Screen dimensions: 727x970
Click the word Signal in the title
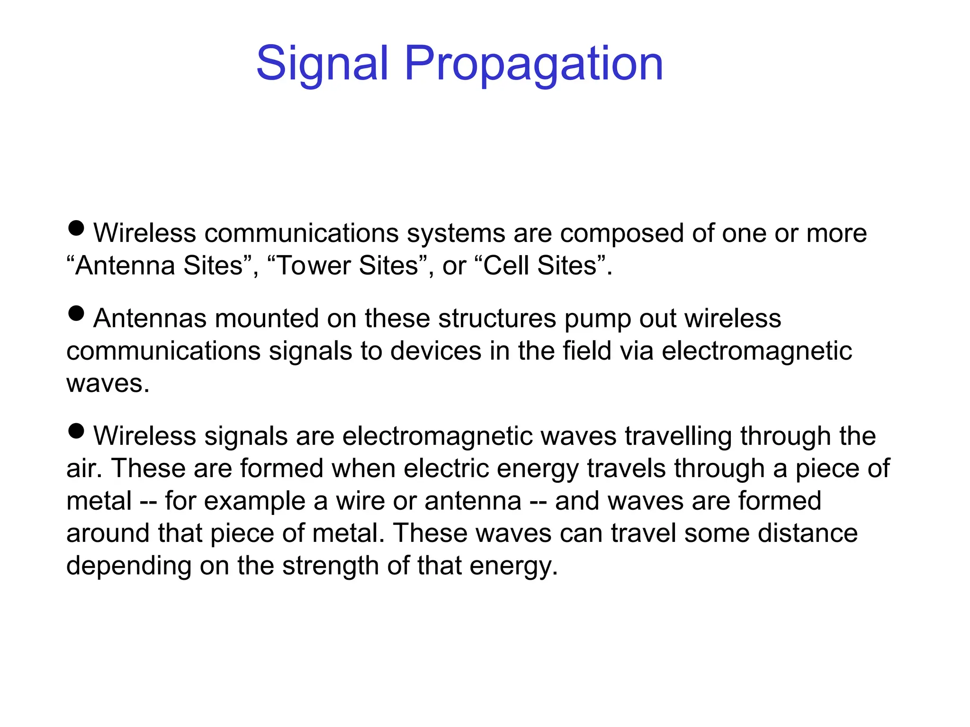322,64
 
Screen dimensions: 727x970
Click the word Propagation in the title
533,64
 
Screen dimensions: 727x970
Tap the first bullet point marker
76,229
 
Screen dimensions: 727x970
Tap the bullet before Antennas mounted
76,313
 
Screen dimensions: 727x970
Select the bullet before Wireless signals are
76,431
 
